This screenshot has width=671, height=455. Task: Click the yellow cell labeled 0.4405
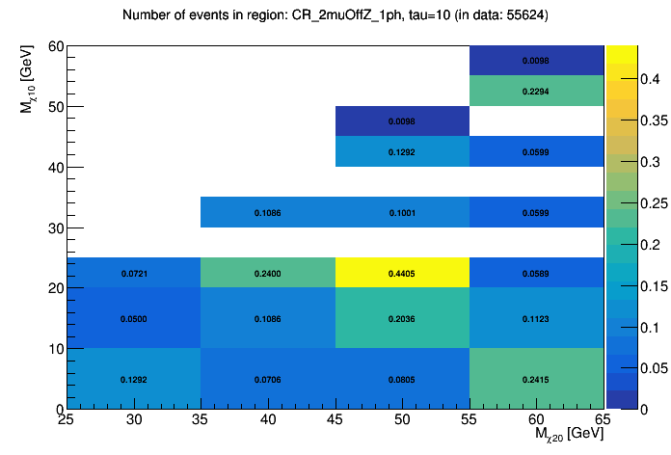coord(402,274)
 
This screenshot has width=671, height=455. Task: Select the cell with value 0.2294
coord(536,92)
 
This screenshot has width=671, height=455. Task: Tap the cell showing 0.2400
coord(268,274)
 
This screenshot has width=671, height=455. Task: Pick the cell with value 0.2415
coord(536,380)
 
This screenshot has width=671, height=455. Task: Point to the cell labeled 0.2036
coord(402,318)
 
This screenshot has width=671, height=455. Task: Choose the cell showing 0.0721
coord(134,274)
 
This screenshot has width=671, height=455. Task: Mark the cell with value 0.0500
coord(134,318)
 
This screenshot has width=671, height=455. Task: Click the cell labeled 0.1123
coord(536,318)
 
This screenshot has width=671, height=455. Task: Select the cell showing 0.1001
coord(402,212)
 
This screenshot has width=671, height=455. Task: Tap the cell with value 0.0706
coord(268,380)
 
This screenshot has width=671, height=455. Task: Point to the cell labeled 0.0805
coord(402,380)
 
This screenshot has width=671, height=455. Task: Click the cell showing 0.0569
coord(536,274)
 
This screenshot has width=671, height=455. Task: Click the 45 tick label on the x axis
coord(335,420)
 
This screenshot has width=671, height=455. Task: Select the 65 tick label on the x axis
coord(603,420)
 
